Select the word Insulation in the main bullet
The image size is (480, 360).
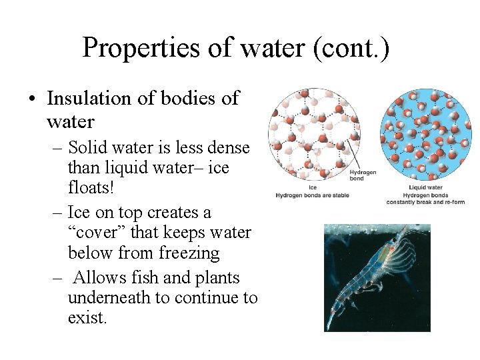(89, 99)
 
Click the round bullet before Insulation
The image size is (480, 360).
(31, 99)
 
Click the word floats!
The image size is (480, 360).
(91, 187)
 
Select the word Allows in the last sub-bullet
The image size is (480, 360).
(100, 277)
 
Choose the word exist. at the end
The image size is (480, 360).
(87, 317)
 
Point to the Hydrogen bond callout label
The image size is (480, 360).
(363, 176)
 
